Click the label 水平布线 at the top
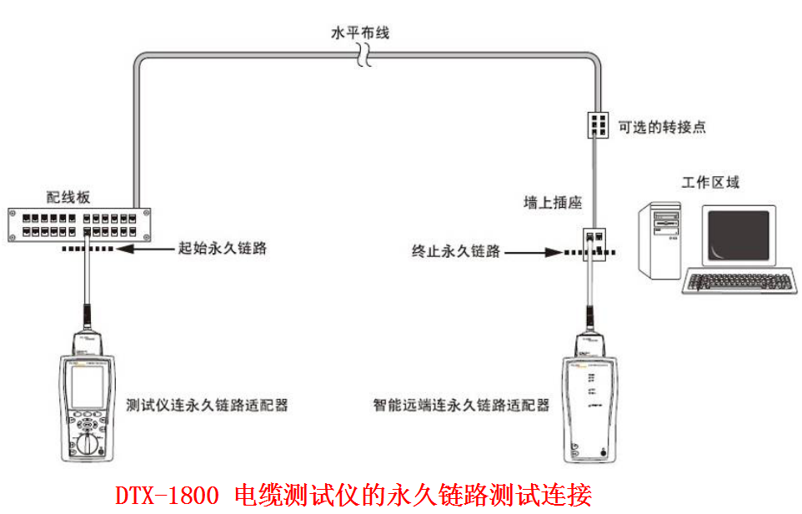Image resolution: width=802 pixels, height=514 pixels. click(359, 33)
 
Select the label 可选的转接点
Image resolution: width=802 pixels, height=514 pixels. click(663, 127)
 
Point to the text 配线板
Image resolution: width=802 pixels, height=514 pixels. click(68, 198)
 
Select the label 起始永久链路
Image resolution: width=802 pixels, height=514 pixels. click(223, 249)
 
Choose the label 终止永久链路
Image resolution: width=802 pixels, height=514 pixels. click(455, 250)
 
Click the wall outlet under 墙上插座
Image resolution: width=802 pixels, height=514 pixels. click(593, 241)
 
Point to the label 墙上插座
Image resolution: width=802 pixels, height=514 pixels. click(552, 203)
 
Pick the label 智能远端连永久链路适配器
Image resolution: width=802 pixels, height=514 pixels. click(461, 406)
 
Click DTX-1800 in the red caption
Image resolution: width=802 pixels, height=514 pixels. click(168, 496)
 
